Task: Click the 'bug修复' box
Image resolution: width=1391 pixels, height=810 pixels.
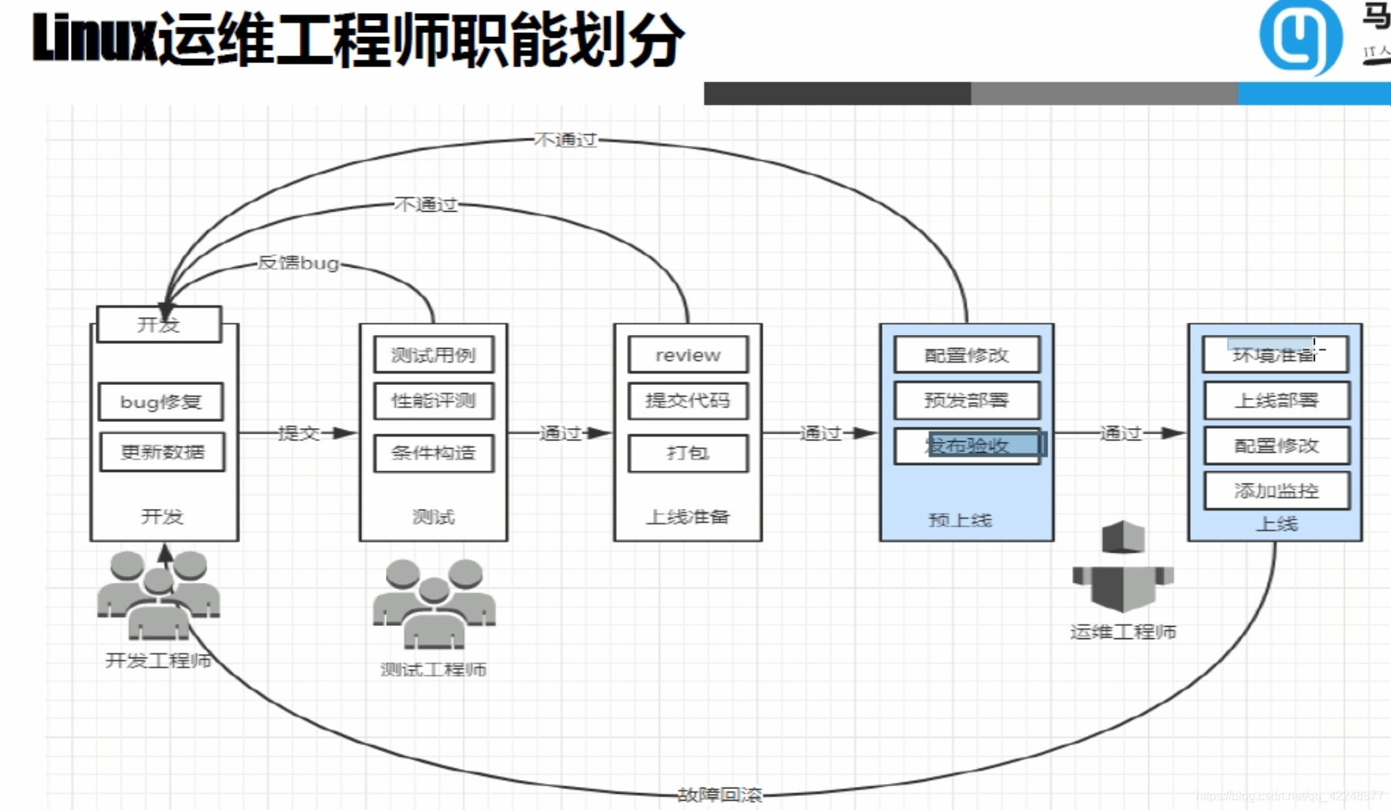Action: (x=161, y=401)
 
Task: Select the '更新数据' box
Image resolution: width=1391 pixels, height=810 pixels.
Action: (x=163, y=452)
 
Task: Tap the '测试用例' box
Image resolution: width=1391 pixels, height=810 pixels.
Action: (x=434, y=355)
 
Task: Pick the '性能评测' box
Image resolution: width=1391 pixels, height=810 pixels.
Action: (x=434, y=400)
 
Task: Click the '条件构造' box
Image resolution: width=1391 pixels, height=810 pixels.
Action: (x=434, y=453)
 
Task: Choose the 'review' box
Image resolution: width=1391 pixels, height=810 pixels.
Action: (x=688, y=355)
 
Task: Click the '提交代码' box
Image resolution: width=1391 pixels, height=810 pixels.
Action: (x=688, y=400)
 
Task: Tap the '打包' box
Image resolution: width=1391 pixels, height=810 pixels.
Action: (x=688, y=453)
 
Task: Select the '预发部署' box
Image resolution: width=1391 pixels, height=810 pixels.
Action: (x=967, y=400)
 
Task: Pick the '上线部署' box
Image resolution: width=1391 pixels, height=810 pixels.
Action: (x=1276, y=400)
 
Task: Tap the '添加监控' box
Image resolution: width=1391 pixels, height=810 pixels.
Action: (x=1276, y=490)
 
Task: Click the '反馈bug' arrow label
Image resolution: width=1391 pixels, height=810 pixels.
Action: (x=298, y=263)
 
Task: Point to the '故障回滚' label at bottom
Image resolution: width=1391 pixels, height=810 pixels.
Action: (x=719, y=794)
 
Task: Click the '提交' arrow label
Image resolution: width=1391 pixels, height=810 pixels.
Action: (x=298, y=433)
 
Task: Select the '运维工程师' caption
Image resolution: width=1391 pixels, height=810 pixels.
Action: (x=1123, y=632)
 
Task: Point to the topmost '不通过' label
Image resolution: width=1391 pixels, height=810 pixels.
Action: (x=565, y=140)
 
